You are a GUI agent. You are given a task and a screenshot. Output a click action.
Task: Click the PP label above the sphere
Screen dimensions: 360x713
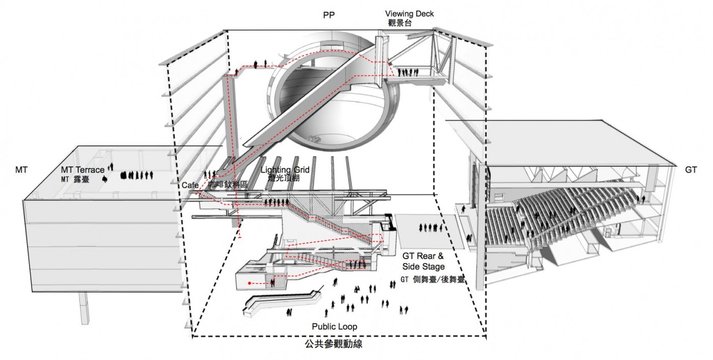329,15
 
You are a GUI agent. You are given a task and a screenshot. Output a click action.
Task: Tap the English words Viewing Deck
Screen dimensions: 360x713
409,14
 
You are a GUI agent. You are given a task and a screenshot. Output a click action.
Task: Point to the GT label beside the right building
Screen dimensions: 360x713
691,169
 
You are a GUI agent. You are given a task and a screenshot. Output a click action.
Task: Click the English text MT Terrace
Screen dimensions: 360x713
83,170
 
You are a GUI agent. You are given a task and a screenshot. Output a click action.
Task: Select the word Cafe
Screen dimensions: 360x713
189,185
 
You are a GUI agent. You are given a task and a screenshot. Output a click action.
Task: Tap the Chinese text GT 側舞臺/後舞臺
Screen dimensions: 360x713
427,280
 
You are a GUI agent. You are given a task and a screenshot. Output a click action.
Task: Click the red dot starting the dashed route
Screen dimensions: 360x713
249,282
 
